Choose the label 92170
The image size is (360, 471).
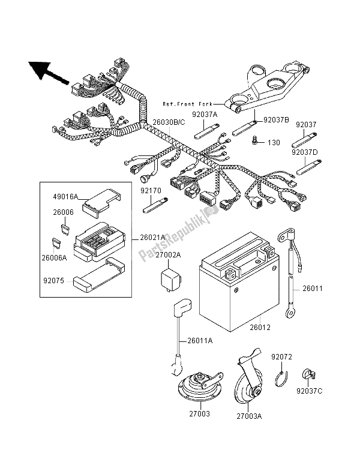pyautogui.click(x=152, y=191)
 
